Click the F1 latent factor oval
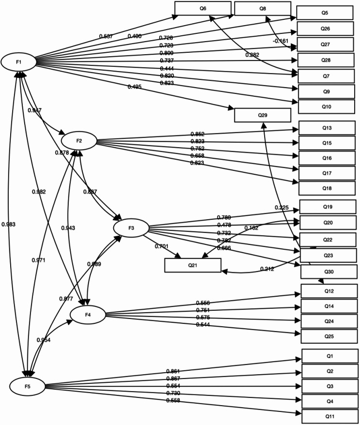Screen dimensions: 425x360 (18, 61)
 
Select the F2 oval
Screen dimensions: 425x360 (79, 140)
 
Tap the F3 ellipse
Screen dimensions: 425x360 (131, 228)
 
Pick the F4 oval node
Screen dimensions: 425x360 (88, 315)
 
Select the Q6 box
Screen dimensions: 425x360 (203, 8)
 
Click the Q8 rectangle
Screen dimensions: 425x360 (262, 8)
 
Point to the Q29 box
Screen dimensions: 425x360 (262, 115)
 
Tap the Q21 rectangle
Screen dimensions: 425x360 (193, 265)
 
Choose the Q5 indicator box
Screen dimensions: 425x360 (325, 13)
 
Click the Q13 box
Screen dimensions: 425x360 (327, 128)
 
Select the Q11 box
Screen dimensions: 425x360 (330, 416)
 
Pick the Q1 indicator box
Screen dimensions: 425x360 (330, 356)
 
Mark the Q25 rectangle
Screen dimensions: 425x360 (329, 336)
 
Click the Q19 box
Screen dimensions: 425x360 (328, 207)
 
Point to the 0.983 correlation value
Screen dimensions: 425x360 (9, 224)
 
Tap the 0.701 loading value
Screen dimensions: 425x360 (161, 246)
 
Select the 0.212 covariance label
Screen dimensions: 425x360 (268, 269)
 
